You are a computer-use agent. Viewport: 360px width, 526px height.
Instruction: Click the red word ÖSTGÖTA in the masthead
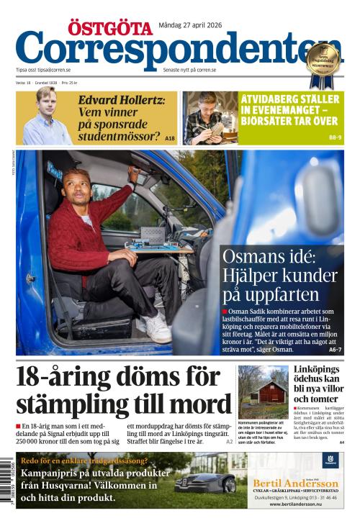[110, 28]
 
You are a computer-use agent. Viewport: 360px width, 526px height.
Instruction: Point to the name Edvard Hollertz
[122, 100]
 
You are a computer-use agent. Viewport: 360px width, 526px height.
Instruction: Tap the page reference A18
[170, 137]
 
